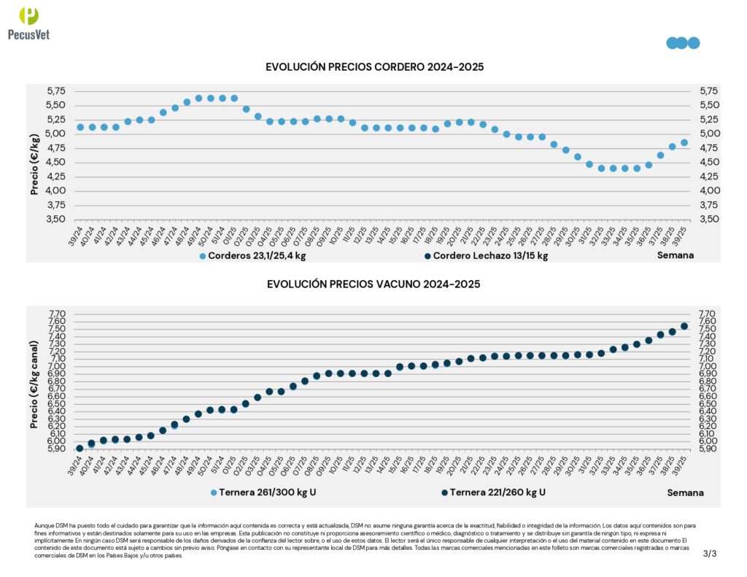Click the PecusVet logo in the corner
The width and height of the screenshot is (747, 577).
point(28,22)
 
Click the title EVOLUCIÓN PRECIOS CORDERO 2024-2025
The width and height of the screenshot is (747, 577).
point(374,67)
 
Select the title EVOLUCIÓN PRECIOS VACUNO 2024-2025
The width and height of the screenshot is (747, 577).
point(373,284)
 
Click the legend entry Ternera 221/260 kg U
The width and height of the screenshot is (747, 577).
point(493,492)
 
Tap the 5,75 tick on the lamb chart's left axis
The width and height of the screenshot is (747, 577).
point(55,91)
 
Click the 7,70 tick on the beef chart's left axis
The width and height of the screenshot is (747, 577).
point(55,314)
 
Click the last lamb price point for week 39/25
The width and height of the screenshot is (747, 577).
point(684,143)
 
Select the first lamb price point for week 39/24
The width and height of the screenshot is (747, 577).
point(80,128)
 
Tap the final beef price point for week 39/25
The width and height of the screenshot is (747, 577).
point(684,327)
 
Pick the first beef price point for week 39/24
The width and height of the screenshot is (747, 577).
point(80,449)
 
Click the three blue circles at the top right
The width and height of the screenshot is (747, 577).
point(683,43)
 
